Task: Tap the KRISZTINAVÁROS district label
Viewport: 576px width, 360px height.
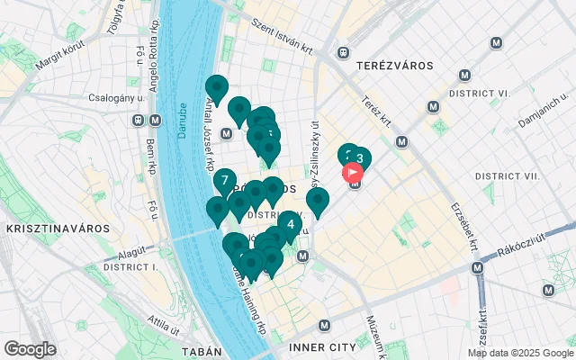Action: point(45,229)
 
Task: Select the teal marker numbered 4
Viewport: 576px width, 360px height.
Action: point(290,223)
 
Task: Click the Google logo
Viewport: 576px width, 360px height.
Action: point(30,349)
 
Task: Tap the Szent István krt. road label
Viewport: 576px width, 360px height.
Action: point(281,36)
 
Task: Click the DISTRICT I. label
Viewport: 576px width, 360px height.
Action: point(131,267)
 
